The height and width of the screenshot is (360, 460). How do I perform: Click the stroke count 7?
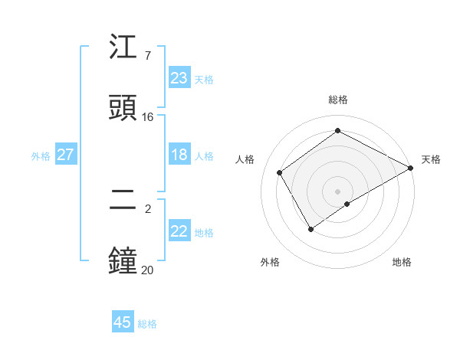tap(147, 56)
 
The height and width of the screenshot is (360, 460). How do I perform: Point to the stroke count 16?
tap(148, 116)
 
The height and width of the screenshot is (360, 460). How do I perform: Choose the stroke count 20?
tap(147, 269)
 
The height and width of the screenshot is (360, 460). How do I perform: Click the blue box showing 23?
tap(179, 78)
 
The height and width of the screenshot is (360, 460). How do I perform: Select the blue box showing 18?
tap(179, 155)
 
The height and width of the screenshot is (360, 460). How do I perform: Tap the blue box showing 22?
tap(179, 231)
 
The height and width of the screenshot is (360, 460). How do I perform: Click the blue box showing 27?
tap(65, 155)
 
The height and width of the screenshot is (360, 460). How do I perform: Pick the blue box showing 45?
tap(123, 322)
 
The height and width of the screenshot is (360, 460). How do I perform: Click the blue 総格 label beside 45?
tap(147, 324)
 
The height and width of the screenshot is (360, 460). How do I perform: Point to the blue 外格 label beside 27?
tap(41, 156)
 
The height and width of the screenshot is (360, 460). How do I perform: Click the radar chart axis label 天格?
tap(431, 159)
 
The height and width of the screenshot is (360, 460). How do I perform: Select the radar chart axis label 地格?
tap(402, 262)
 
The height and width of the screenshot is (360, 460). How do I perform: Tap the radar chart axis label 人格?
tap(245, 159)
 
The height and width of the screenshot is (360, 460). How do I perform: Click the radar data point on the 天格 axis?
tap(411, 168)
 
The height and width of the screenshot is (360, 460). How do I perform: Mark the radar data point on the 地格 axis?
tap(347, 204)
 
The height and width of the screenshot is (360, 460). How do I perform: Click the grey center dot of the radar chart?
tap(337, 191)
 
